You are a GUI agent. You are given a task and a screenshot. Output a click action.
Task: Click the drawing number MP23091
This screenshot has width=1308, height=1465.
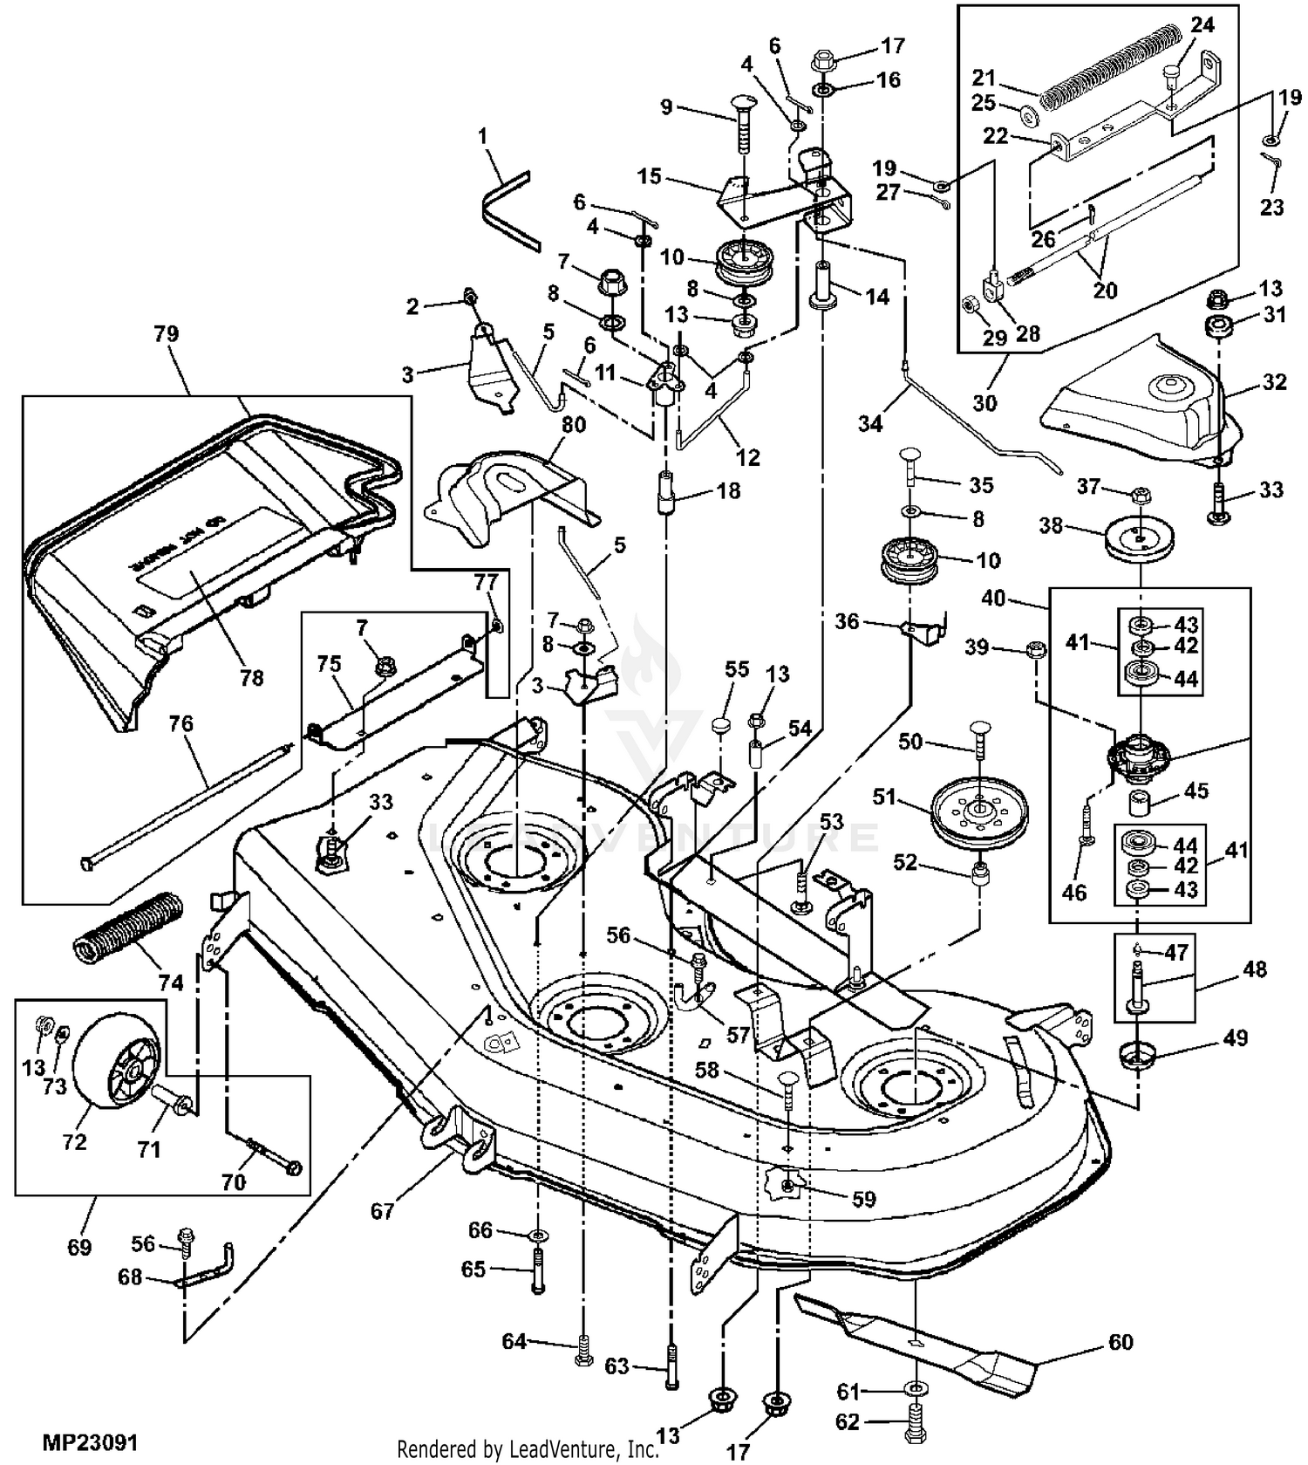(90, 1441)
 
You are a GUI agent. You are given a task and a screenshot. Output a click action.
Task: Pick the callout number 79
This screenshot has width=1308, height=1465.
(166, 334)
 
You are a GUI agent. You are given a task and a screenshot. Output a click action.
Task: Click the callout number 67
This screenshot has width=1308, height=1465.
(382, 1211)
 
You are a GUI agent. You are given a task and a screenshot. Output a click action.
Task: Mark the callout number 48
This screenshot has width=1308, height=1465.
(1254, 969)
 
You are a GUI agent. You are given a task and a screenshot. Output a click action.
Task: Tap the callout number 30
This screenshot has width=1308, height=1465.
(984, 402)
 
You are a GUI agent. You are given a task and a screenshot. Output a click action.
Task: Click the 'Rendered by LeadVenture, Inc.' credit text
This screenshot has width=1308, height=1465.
(528, 1448)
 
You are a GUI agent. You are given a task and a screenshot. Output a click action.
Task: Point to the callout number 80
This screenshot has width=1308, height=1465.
(574, 425)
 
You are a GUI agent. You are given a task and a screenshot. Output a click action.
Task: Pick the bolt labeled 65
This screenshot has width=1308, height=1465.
(538, 1277)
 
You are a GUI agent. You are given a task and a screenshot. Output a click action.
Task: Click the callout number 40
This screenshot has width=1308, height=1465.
(993, 599)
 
